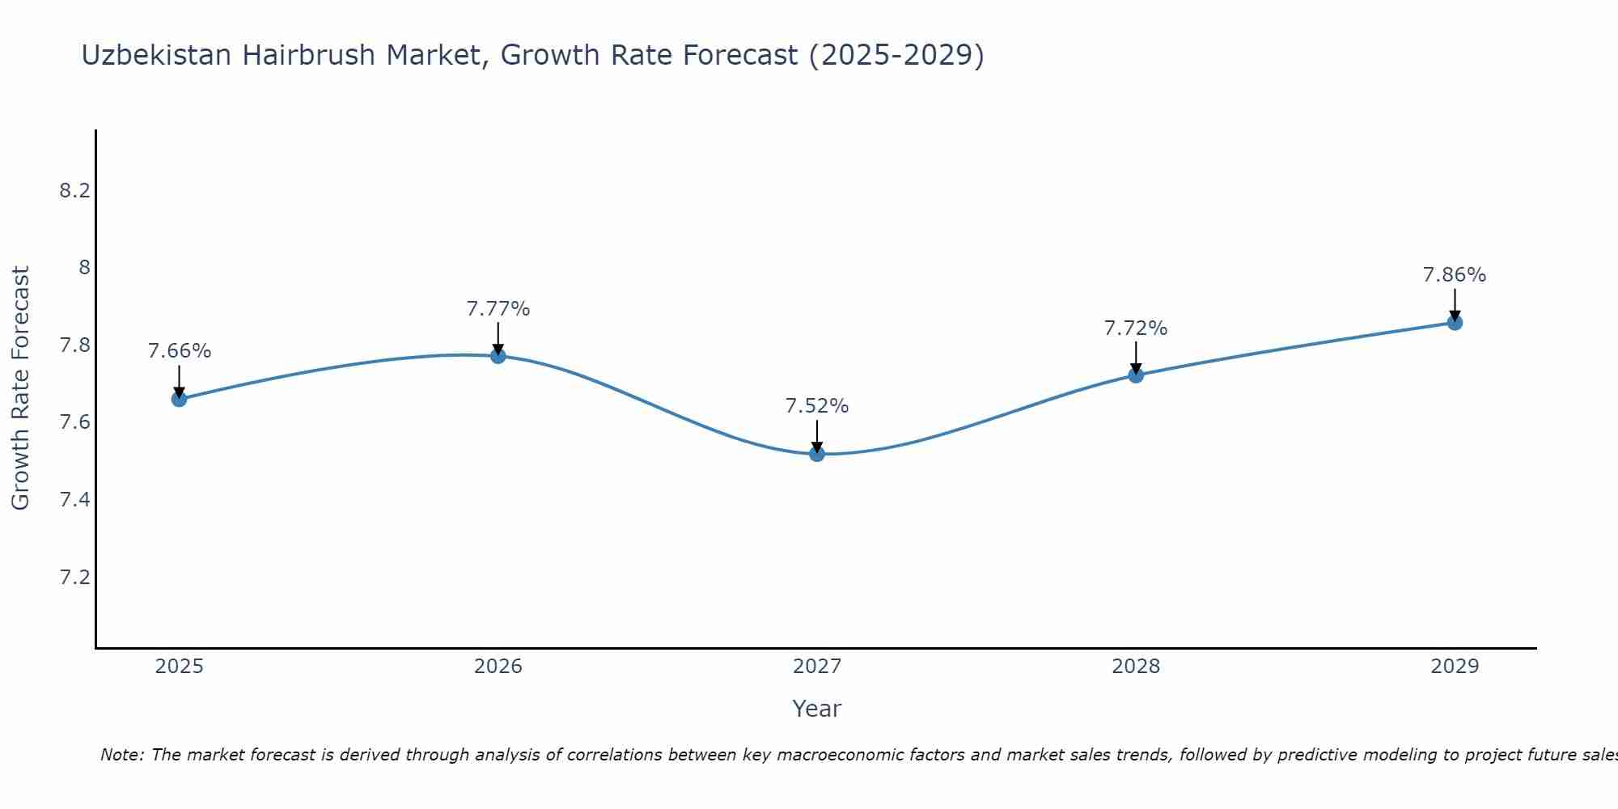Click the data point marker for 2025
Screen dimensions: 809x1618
coord(179,399)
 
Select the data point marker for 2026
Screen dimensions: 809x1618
coord(498,356)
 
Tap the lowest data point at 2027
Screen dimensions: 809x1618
coord(817,454)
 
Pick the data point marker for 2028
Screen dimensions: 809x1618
coord(1136,375)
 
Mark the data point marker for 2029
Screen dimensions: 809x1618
coord(1455,323)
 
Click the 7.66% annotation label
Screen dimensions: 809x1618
coord(179,351)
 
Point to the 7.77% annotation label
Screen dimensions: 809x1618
coord(498,309)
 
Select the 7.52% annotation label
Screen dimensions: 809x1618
coord(817,406)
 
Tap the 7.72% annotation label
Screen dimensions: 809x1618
coord(1136,328)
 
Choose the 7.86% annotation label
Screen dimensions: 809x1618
coord(1455,275)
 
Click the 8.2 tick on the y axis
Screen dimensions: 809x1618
coord(74,191)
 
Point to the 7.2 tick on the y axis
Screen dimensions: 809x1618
coord(74,578)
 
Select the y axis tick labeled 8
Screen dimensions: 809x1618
coord(83,268)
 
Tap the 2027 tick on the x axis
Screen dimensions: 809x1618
coord(817,667)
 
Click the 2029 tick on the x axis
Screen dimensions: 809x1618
coord(1455,667)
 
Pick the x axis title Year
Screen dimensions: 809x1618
coord(817,709)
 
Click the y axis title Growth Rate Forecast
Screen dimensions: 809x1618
coord(20,388)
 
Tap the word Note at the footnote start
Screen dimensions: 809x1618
coord(121,755)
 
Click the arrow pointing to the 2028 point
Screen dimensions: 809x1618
coord(1136,358)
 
